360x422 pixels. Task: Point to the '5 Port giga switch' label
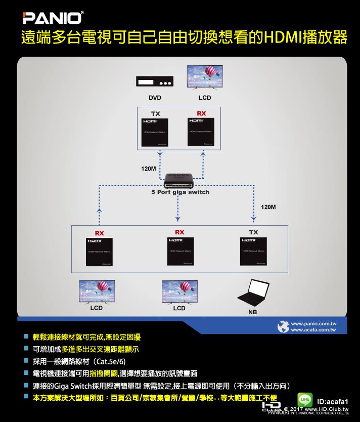pyautogui.click(x=180, y=192)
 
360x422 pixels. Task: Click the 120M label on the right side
pyautogui.click(x=268, y=207)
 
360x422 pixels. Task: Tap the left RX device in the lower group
pyautogui.click(x=99, y=251)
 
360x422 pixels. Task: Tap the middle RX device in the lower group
pyautogui.click(x=179, y=251)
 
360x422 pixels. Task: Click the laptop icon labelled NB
pyautogui.click(x=253, y=293)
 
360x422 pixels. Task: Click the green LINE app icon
pyautogui.click(x=305, y=400)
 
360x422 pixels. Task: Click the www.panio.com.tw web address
pyautogui.click(x=314, y=322)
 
